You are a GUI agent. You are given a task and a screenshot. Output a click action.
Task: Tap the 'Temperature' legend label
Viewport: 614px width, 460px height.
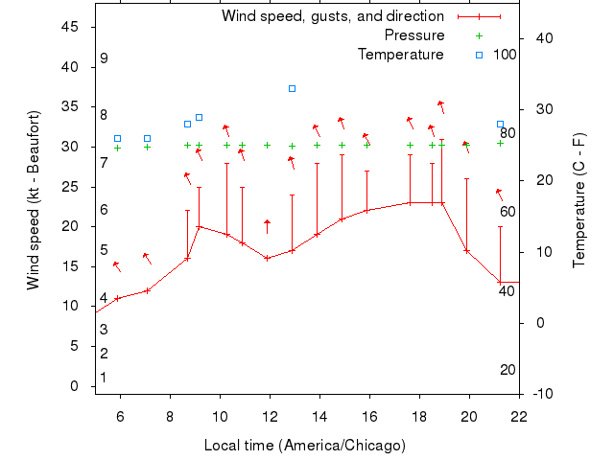[400, 55]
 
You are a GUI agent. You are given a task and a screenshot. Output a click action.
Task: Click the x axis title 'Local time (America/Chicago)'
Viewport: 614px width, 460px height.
[305, 446]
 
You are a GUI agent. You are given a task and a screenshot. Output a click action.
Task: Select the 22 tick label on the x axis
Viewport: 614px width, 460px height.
[519, 416]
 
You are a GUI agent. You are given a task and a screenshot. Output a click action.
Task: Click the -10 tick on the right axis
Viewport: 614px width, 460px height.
[542, 394]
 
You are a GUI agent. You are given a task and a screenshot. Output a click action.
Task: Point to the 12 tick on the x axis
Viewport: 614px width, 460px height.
[270, 416]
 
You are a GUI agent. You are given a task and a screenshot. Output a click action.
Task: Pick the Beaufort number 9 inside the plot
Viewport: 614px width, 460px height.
[104, 58]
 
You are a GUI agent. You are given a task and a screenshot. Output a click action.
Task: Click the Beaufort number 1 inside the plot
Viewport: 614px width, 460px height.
[104, 378]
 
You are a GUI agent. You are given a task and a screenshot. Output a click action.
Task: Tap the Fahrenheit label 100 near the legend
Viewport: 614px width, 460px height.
[505, 55]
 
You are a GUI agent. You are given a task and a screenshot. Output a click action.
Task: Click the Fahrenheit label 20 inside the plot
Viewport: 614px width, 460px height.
[508, 370]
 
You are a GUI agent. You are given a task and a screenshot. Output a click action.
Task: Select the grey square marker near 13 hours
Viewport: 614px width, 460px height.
[293, 88]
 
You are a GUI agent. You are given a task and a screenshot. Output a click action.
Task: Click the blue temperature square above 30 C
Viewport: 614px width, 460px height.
[199, 117]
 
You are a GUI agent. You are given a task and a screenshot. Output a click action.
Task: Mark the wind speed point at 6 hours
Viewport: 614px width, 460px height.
[118, 298]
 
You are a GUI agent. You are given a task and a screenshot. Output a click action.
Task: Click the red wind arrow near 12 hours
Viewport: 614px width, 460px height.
[268, 226]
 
